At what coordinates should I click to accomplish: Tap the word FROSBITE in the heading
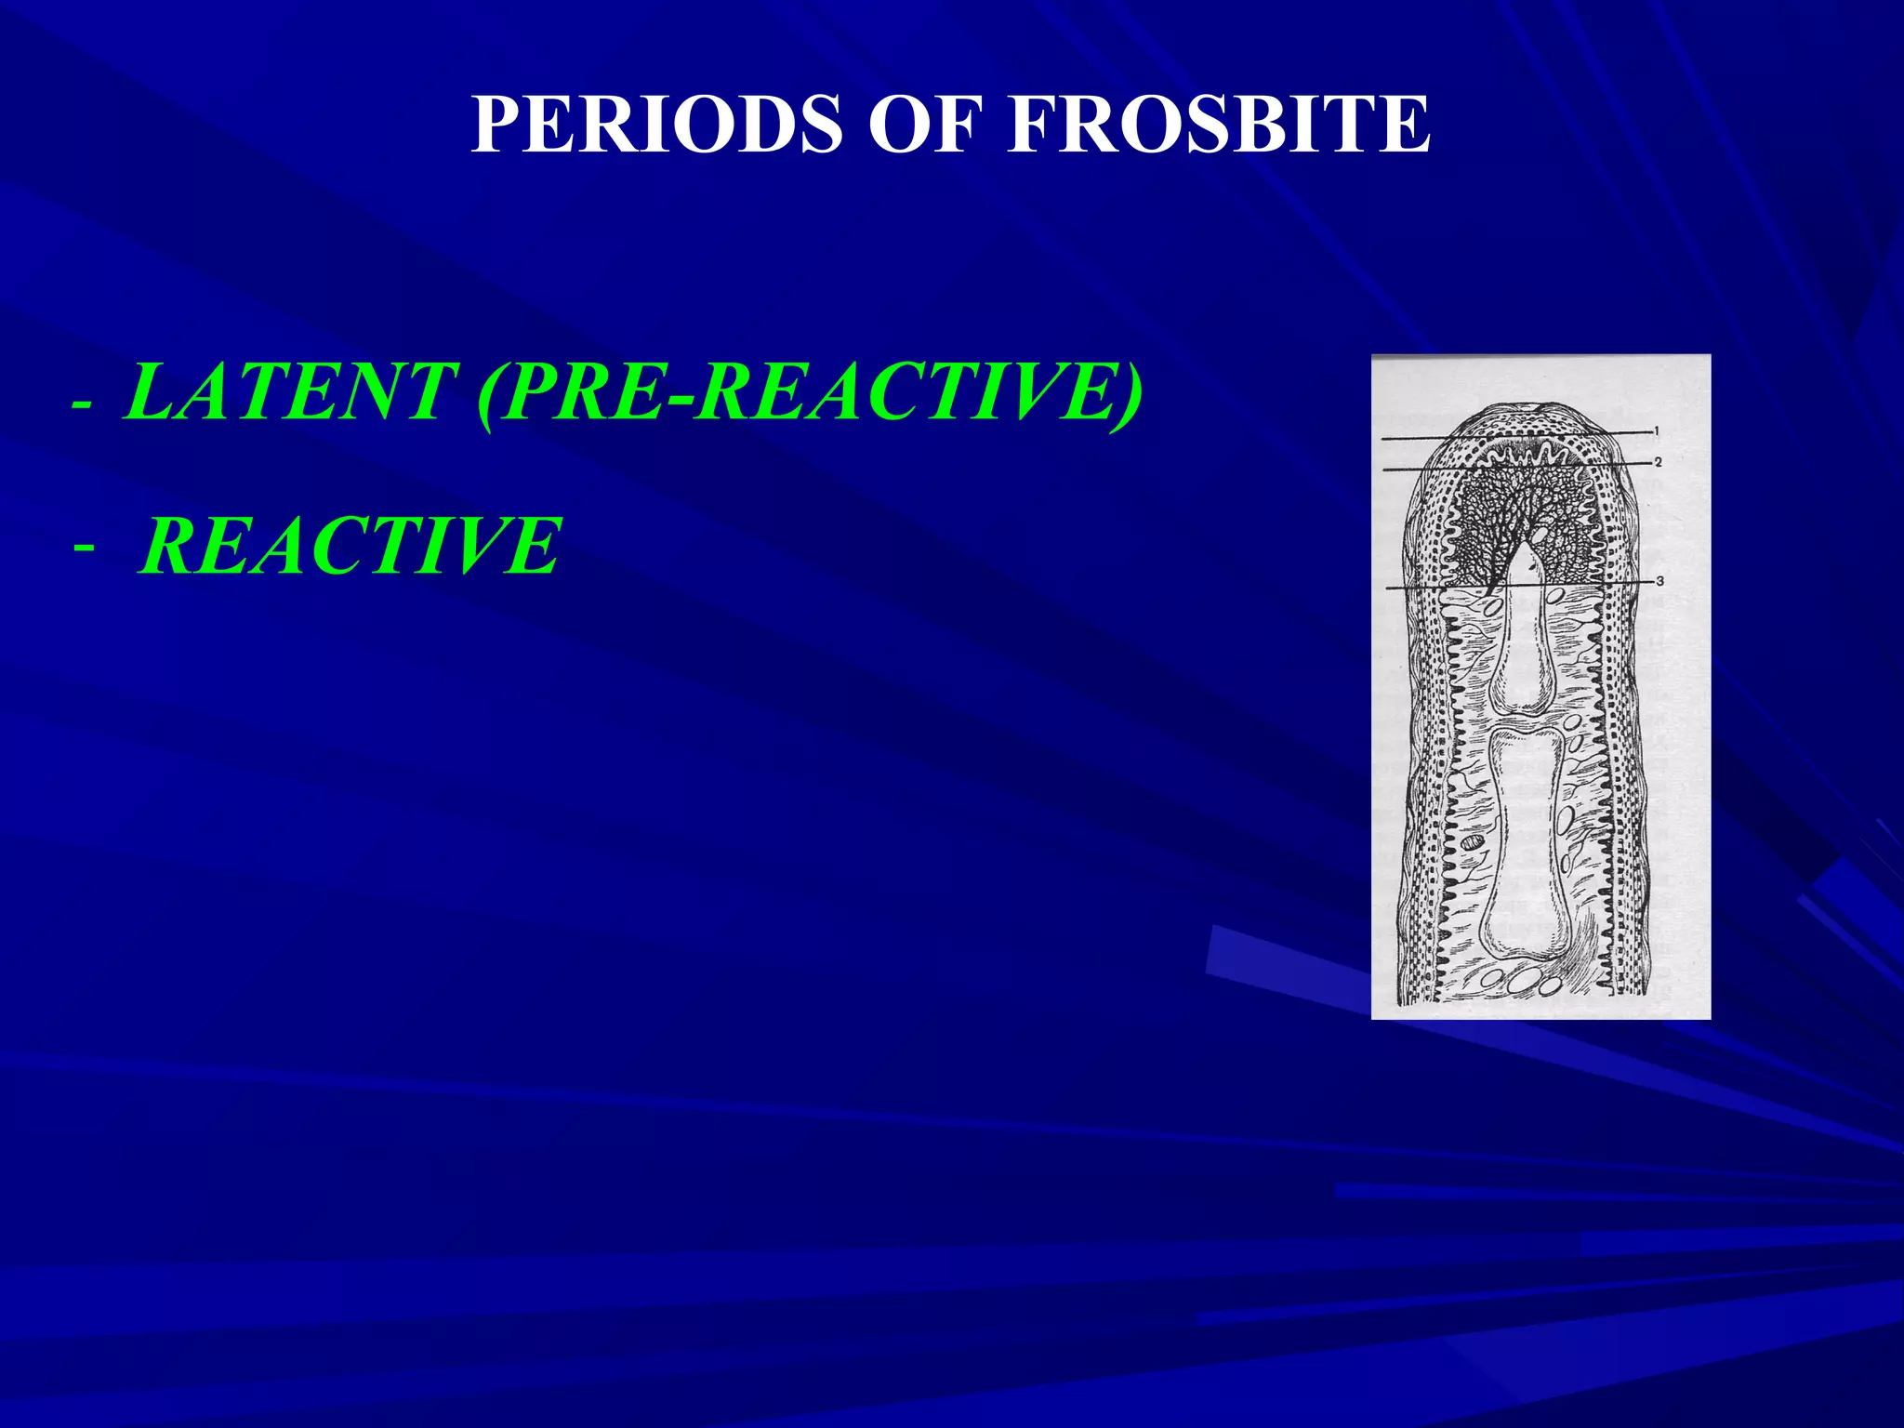[x=1218, y=125]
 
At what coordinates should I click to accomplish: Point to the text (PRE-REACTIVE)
[x=809, y=393]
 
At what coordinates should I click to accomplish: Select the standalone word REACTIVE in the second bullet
[x=351, y=546]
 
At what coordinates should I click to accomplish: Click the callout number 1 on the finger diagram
[x=1656, y=430]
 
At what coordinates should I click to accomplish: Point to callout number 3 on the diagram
[x=1659, y=581]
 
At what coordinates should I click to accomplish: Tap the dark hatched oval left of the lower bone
[x=1473, y=843]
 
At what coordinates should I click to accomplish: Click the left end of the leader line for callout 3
[x=1388, y=588]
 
